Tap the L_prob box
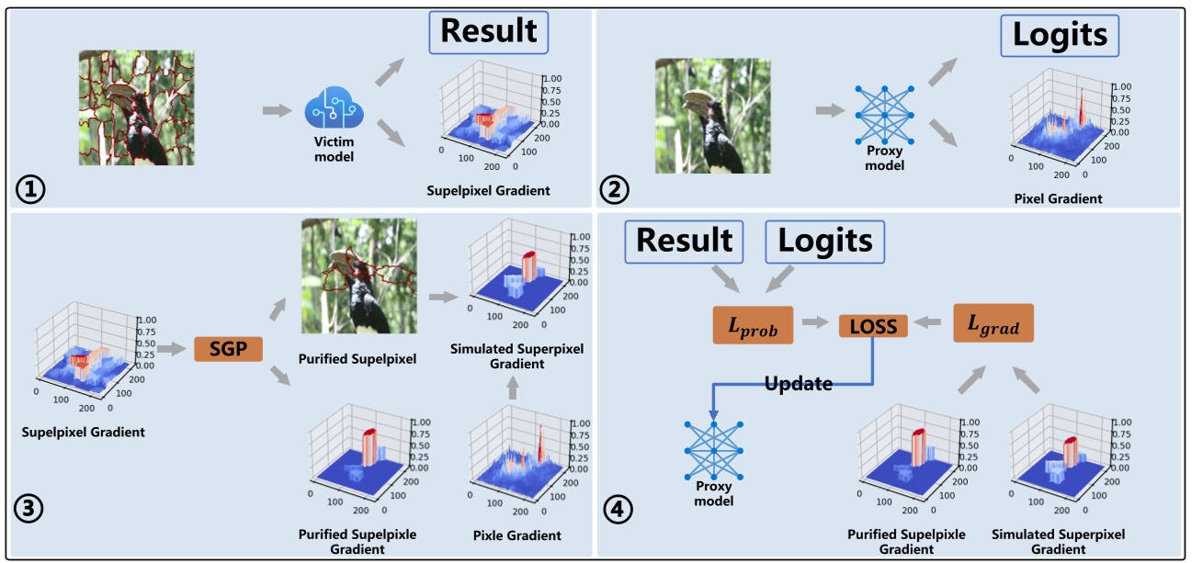click(753, 324)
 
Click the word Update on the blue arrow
click(799, 384)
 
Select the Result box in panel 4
click(686, 241)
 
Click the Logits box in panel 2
click(1060, 36)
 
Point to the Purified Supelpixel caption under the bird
click(358, 359)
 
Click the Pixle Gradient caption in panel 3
click(517, 535)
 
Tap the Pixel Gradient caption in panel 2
click(1058, 198)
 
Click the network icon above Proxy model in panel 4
click(713, 449)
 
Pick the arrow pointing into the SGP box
click(172, 349)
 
